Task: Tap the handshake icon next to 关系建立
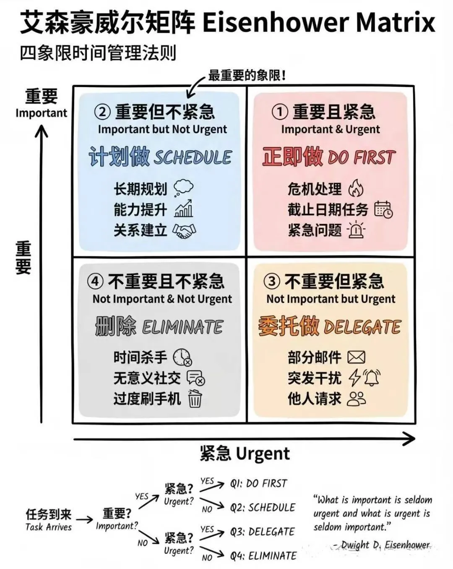point(185,231)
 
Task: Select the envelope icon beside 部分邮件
point(357,357)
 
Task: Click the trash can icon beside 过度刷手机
point(195,399)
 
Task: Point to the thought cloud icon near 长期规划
point(183,188)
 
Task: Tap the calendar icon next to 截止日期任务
point(383,209)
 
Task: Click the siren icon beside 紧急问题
point(356,230)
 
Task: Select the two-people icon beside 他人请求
point(357,399)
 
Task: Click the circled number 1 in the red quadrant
point(280,112)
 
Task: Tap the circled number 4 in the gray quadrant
point(95,281)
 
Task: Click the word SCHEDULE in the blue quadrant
point(193,157)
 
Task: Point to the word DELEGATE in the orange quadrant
point(363,327)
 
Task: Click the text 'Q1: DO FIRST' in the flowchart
point(259,483)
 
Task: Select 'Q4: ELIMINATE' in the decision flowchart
point(263,556)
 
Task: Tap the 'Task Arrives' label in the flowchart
point(49,527)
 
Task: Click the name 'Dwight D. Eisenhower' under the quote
point(385,545)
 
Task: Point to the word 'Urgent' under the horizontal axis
point(263,454)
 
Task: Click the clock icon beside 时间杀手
point(182,357)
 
